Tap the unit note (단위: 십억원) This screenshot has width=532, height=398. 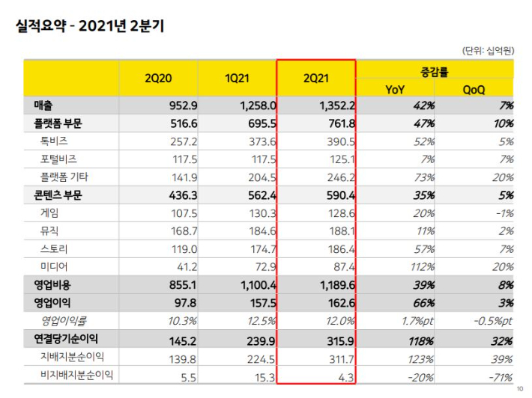[x=488, y=51]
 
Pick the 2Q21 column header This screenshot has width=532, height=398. [x=315, y=79]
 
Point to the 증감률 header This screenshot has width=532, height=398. [x=435, y=70]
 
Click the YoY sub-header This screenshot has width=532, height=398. [x=395, y=89]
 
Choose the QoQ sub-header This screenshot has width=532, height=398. [x=474, y=89]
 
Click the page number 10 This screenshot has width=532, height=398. [x=521, y=390]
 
